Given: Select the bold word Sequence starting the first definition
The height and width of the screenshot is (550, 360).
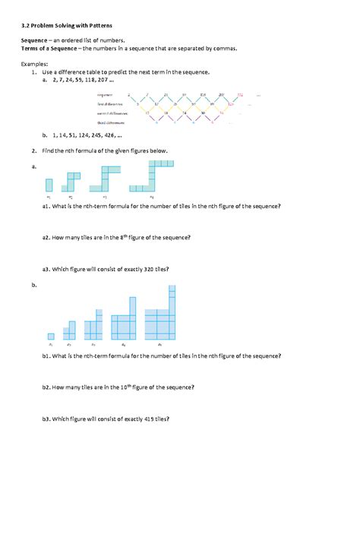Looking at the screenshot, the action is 35,40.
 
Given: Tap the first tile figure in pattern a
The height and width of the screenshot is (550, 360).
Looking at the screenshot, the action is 49,185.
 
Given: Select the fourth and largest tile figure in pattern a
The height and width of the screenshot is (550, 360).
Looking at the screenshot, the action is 152,176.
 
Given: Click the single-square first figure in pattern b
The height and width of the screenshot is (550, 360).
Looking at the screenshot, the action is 51,336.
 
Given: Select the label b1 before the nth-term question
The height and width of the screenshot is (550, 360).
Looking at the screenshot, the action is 46,355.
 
